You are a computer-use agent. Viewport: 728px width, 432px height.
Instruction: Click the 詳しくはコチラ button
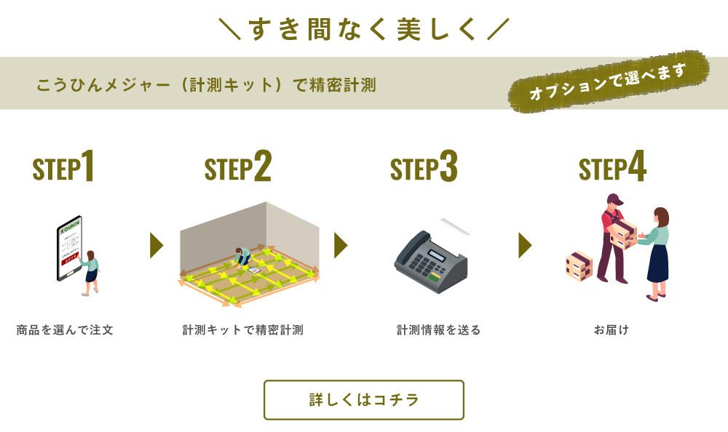pyautogui.click(x=363, y=400)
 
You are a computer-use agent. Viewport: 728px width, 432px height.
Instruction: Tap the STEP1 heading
pyautogui.click(x=64, y=168)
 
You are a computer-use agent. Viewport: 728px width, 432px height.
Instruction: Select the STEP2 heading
pyautogui.click(x=238, y=168)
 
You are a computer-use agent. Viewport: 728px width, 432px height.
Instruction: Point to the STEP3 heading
pyautogui.click(x=424, y=168)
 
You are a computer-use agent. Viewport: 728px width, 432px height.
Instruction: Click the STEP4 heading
pyautogui.click(x=612, y=168)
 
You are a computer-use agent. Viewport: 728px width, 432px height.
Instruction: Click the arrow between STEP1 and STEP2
pyautogui.click(x=156, y=246)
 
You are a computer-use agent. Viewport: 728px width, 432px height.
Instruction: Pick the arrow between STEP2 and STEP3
pyautogui.click(x=340, y=246)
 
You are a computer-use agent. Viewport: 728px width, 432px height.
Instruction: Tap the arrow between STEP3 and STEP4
pyautogui.click(x=524, y=246)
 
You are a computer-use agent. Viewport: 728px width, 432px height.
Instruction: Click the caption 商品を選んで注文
pyautogui.click(x=65, y=330)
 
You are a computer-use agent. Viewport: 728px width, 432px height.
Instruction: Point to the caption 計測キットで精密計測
pyautogui.click(x=242, y=330)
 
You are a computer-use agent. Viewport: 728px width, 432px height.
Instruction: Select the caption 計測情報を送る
pyautogui.click(x=438, y=330)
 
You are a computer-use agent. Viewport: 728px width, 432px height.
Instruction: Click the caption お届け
pyautogui.click(x=612, y=330)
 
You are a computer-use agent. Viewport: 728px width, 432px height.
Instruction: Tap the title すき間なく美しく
pyautogui.click(x=363, y=29)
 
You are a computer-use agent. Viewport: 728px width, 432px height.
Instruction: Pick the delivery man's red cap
pyautogui.click(x=615, y=199)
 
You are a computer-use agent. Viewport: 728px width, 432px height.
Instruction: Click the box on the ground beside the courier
pyautogui.click(x=579, y=265)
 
